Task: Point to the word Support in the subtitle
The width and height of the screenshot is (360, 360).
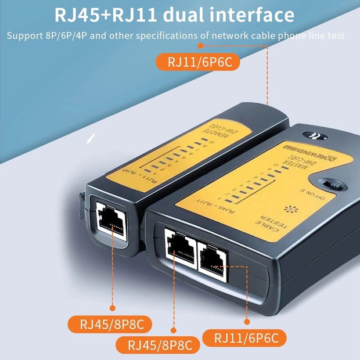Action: (25, 36)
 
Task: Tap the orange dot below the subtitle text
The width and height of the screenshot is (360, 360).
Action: (201, 45)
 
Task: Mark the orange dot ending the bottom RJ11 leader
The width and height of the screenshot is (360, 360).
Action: (246, 321)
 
